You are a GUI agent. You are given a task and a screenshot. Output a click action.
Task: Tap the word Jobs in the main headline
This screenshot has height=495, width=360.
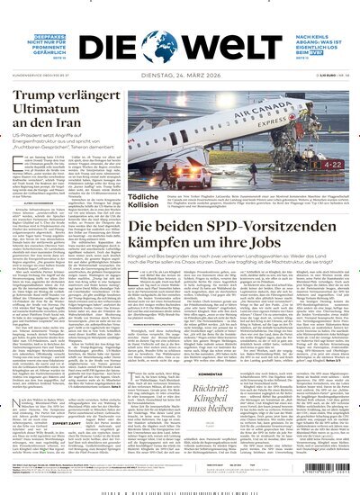pyautogui.click(x=278, y=241)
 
